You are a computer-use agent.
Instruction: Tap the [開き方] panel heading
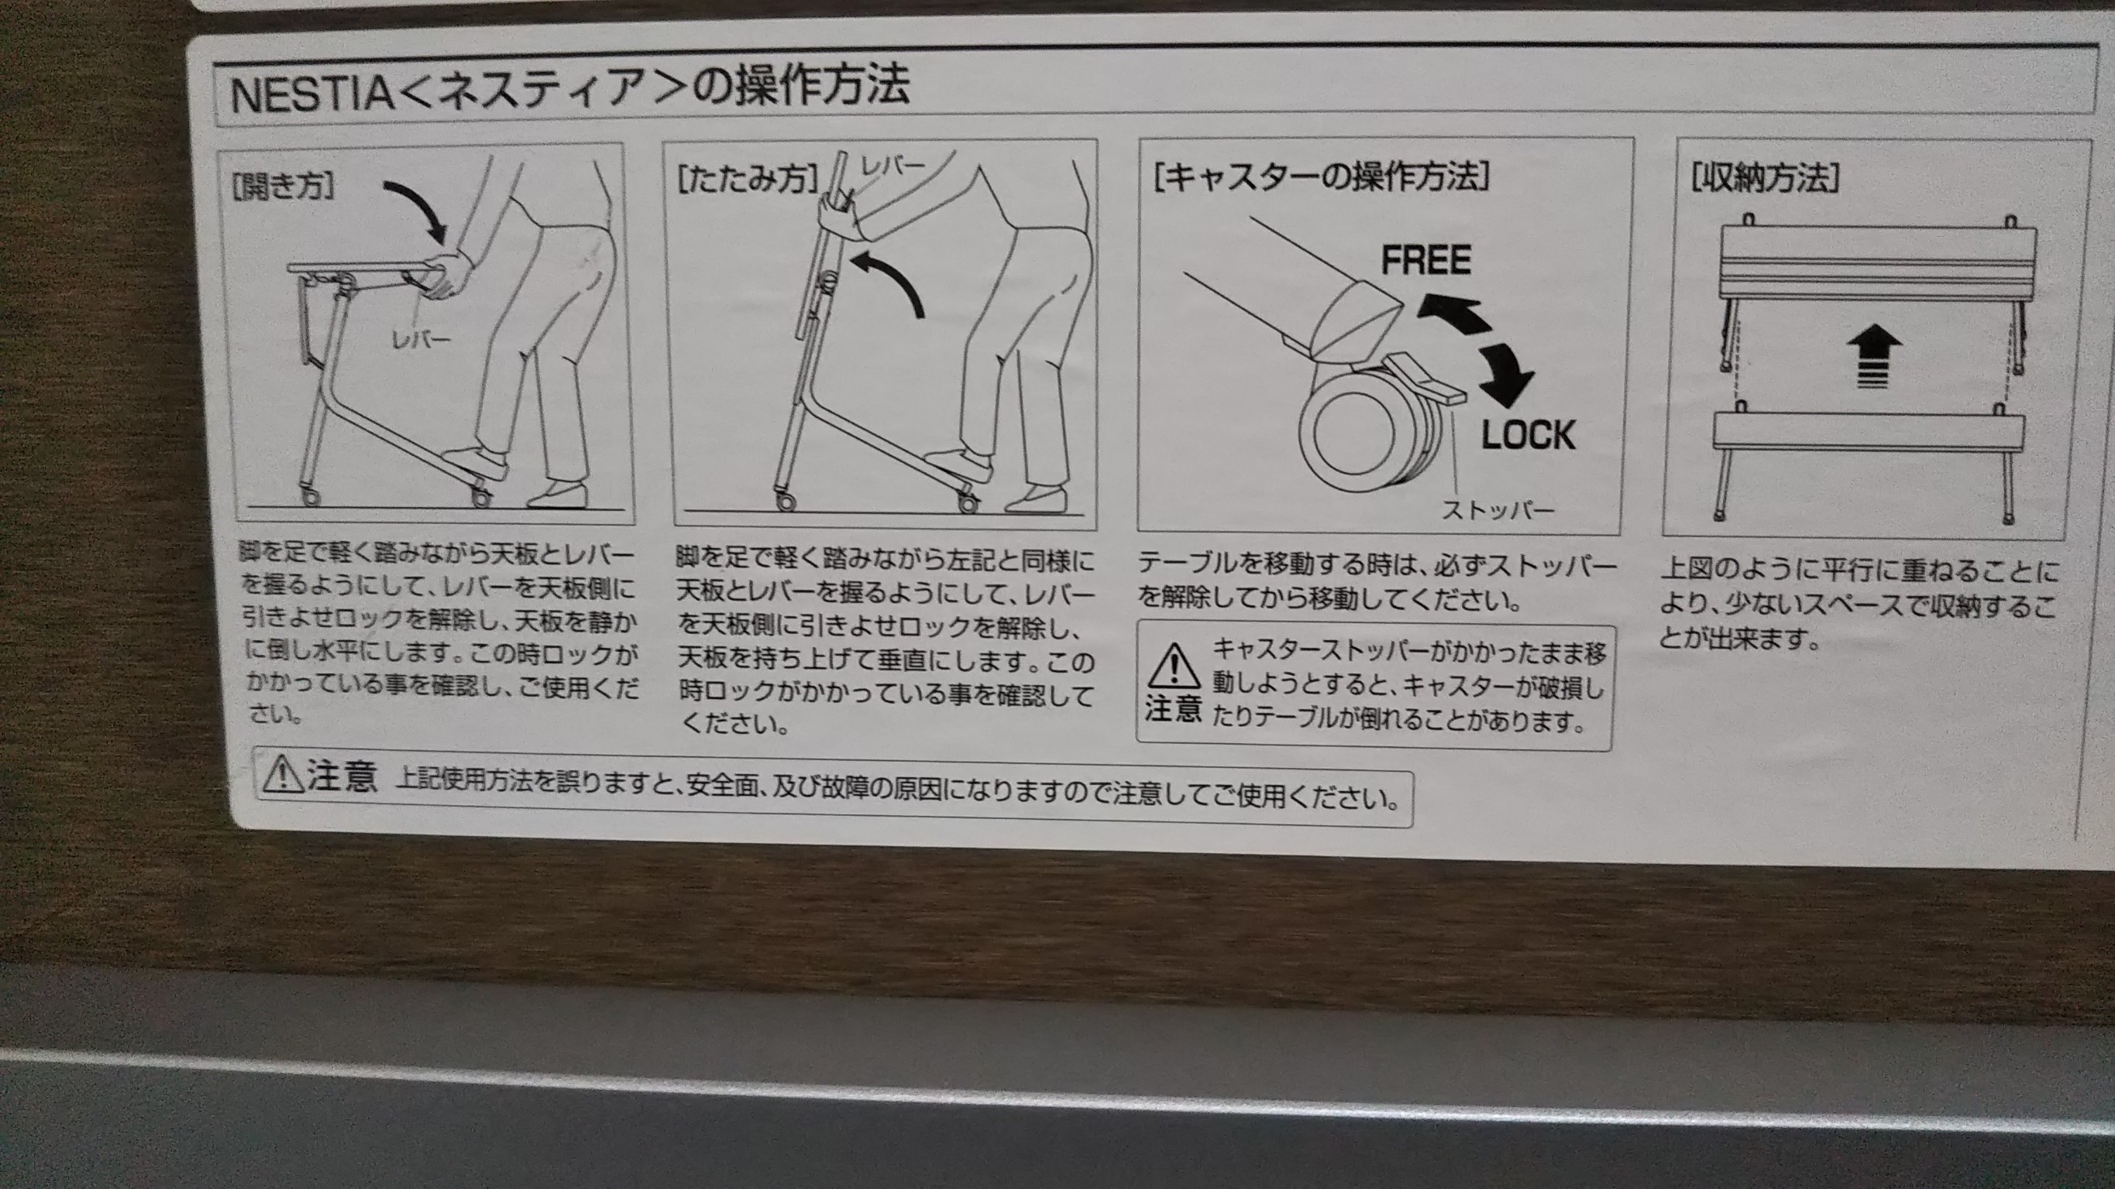[x=284, y=187]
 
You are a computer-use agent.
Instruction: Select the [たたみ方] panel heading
[x=748, y=180]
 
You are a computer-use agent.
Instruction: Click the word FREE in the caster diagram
[x=1425, y=260]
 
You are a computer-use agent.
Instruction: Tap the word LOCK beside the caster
[x=1529, y=435]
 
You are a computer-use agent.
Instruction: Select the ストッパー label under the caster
[x=1498, y=510]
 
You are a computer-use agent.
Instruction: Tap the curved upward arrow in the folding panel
[x=890, y=279]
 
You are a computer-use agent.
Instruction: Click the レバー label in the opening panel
[x=421, y=339]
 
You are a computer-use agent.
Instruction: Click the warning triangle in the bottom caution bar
[x=284, y=776]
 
